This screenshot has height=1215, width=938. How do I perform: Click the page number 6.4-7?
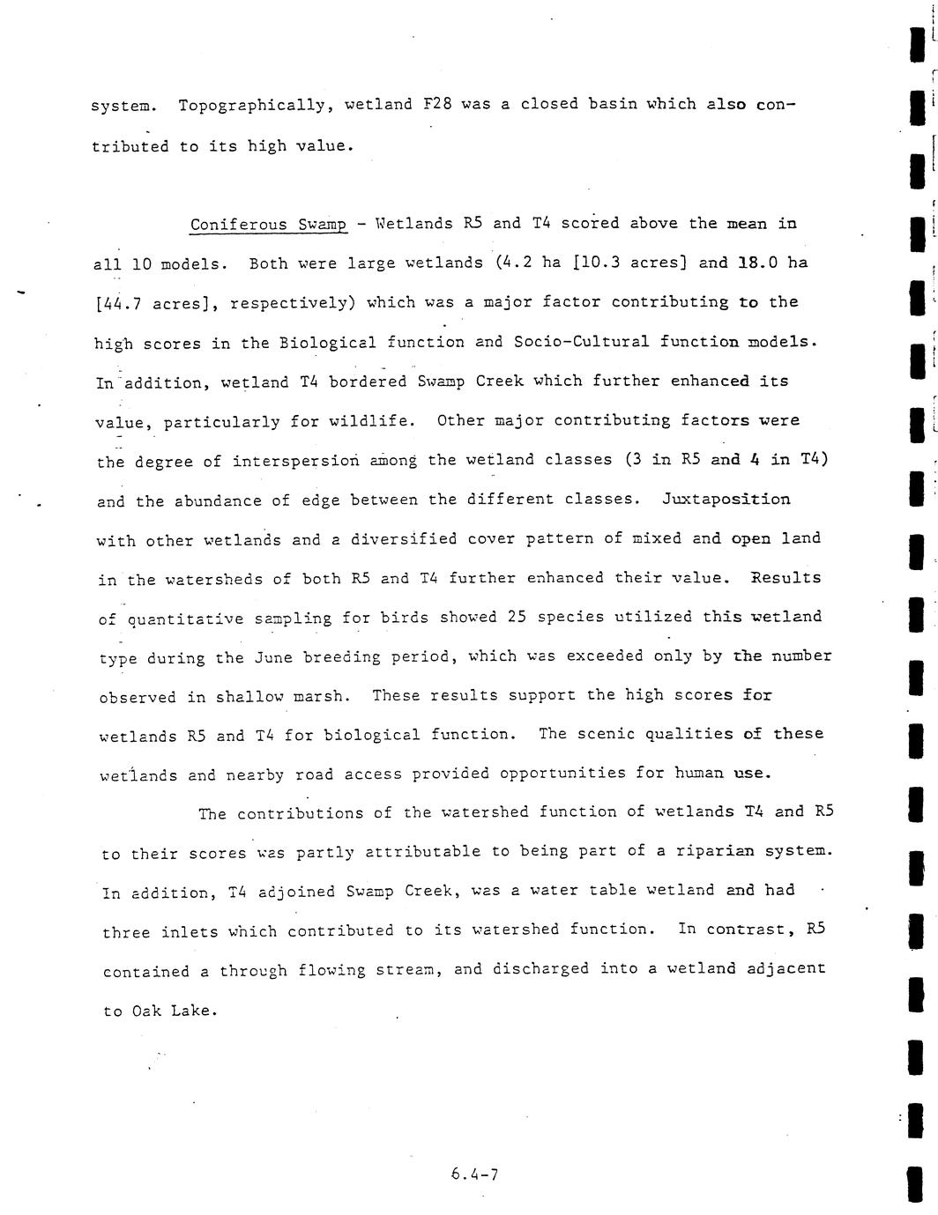pos(474,1174)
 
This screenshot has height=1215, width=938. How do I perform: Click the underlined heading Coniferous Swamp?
pos(268,225)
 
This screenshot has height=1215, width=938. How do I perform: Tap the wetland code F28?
pos(437,105)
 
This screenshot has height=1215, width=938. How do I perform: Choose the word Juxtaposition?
pos(726,500)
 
